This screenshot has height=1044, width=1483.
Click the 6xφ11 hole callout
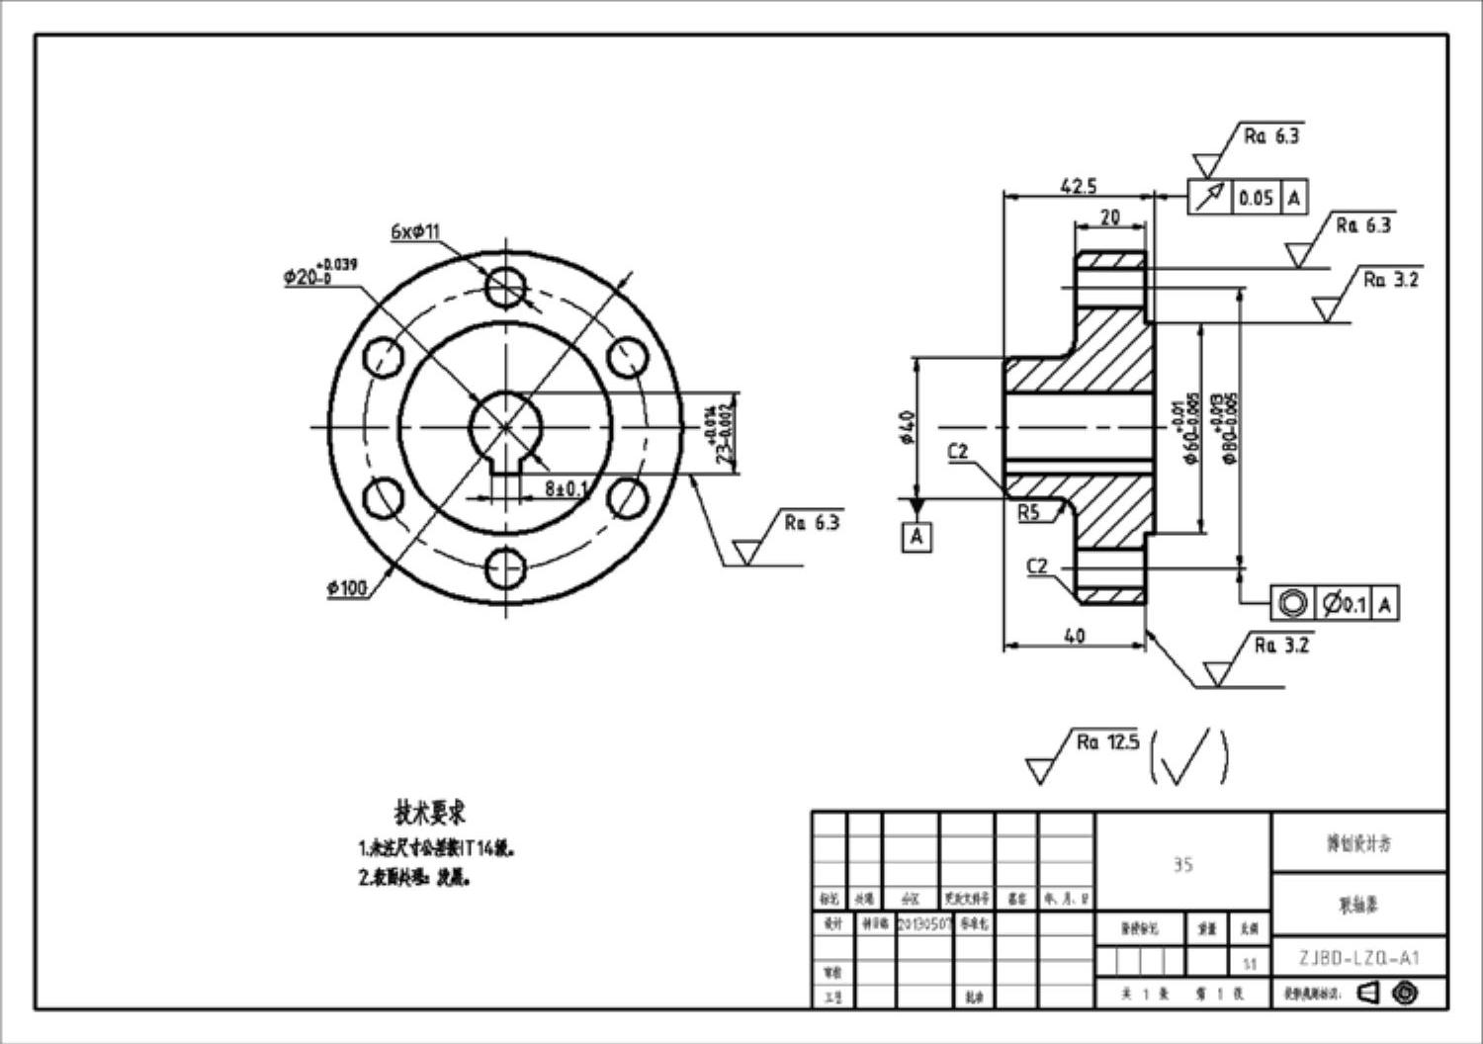tap(415, 232)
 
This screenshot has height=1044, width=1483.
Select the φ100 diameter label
tap(347, 588)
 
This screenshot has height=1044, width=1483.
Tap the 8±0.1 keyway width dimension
tap(566, 488)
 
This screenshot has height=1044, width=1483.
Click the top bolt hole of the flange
tap(506, 287)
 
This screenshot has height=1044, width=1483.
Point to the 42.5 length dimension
tap(1078, 186)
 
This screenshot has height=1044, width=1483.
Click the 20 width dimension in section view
tap(1110, 217)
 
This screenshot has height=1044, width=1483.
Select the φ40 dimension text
tap(909, 427)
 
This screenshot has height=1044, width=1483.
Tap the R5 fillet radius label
tap(1028, 512)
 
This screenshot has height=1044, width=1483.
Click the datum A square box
tap(916, 537)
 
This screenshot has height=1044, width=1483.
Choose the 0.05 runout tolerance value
tap(1256, 198)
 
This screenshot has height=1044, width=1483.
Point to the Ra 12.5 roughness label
tap(1107, 741)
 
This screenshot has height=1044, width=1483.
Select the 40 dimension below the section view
tap(1074, 636)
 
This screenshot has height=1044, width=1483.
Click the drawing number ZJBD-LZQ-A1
tap(1358, 957)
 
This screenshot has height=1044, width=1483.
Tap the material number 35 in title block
tap(1182, 865)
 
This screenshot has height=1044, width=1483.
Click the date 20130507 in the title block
tap(923, 922)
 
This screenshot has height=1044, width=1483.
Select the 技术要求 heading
tap(430, 813)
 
